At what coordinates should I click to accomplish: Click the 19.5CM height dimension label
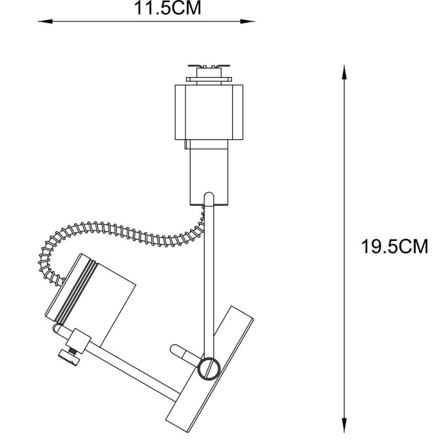394,246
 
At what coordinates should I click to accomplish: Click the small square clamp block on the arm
80,340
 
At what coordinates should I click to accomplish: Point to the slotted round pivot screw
209,366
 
